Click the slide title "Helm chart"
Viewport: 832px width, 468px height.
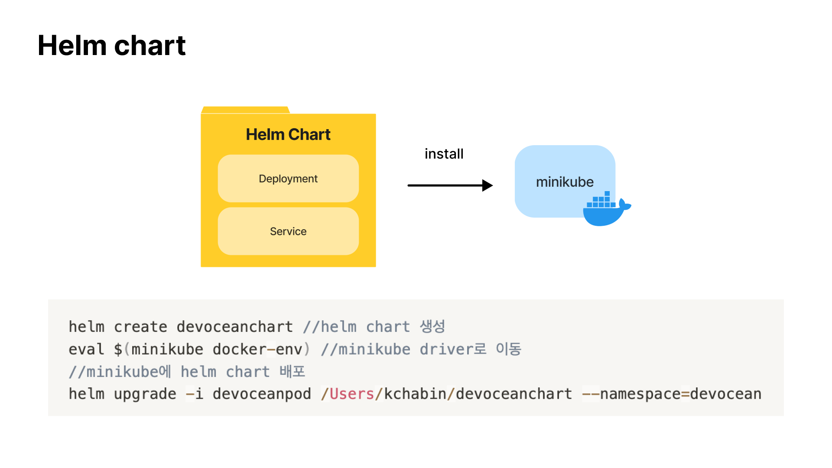tap(112, 45)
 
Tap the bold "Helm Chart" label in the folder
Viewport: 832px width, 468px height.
tap(288, 134)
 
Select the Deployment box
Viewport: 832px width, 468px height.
tap(288, 179)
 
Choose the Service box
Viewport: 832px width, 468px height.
tap(288, 231)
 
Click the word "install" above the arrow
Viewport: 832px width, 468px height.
tap(444, 154)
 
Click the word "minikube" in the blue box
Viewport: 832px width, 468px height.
tap(565, 182)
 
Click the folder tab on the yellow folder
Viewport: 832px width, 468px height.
tap(245, 110)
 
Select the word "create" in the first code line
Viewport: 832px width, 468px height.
tap(140, 327)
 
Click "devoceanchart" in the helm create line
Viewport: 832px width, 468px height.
tap(235, 327)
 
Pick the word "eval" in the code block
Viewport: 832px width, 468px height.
tap(87, 349)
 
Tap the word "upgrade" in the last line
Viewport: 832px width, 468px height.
tap(145, 394)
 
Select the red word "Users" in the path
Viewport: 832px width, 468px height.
tap(352, 394)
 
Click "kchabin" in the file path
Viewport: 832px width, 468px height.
tap(415, 394)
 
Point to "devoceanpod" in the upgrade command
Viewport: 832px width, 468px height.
tap(262, 394)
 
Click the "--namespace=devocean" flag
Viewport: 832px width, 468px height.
tap(672, 394)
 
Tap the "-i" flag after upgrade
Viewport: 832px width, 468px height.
tap(195, 394)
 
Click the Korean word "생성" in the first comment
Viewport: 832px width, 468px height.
tap(432, 326)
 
